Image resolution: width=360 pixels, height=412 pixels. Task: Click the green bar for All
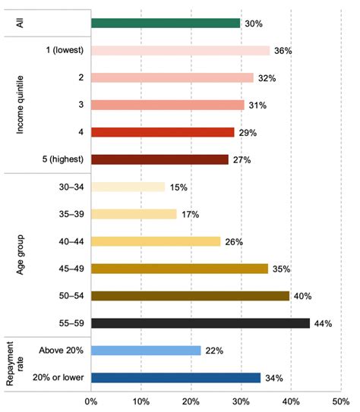[x=166, y=23]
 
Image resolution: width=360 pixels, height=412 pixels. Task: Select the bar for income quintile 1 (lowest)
[x=181, y=50]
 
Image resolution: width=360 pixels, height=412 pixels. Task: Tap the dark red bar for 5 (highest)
[x=159, y=159]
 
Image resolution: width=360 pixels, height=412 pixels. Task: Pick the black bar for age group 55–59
[x=201, y=323]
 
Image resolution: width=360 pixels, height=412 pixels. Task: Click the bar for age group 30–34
[x=128, y=187]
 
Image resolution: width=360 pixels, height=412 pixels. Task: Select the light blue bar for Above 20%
[x=146, y=351]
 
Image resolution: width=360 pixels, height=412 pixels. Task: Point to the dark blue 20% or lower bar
[x=176, y=378]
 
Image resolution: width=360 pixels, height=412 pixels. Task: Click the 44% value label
[x=324, y=323]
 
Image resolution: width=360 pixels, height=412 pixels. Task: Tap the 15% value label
[x=178, y=187]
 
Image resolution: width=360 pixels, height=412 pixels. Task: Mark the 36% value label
[x=283, y=51]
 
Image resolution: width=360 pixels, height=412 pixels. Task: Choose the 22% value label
[x=214, y=351]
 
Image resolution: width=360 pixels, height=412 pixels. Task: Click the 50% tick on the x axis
[x=341, y=401]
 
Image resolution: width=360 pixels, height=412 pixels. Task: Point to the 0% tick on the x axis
[x=91, y=401]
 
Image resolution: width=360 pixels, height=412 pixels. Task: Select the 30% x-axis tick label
[x=242, y=401]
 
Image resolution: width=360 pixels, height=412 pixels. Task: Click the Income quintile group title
[x=20, y=105]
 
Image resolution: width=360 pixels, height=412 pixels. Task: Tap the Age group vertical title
[x=21, y=255]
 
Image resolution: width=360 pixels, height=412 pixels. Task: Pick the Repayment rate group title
[x=15, y=363]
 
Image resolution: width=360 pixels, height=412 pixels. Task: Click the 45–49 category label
[x=71, y=269]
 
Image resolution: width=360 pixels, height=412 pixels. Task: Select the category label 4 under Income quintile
[x=81, y=132]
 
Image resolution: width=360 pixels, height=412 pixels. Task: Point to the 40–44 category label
[x=71, y=241]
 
